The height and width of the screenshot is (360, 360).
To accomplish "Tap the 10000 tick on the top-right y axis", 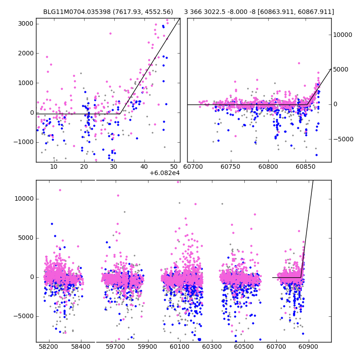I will tap(342, 35).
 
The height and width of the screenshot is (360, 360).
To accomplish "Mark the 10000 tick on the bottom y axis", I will tap(24, 199).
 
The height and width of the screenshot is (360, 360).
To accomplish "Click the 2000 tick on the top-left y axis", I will tap(26, 53).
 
